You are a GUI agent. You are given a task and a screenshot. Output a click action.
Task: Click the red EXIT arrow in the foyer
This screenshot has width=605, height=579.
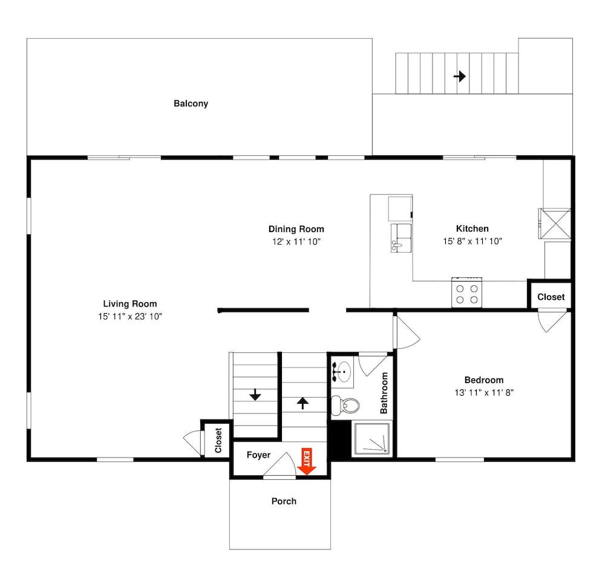[x=307, y=461]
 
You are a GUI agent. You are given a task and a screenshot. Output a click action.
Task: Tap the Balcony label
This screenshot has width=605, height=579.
[x=191, y=103]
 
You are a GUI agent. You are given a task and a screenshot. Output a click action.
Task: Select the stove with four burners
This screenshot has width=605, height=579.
[x=467, y=293]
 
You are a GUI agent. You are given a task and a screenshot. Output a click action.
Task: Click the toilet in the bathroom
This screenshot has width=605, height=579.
[x=345, y=405]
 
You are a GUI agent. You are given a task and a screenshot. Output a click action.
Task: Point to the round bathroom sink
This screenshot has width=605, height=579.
[x=342, y=372]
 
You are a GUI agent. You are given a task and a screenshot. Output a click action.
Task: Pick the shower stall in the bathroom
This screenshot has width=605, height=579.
[x=372, y=439]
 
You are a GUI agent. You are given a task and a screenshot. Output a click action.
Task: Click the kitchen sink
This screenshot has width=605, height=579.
[x=401, y=238]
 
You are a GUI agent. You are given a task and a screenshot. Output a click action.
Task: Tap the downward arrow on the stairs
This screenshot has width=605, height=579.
[x=255, y=395]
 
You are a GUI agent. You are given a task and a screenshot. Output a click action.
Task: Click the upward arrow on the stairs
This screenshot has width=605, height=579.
[x=303, y=403]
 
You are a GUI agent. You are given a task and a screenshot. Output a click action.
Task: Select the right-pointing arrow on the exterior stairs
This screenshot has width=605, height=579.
[x=460, y=76]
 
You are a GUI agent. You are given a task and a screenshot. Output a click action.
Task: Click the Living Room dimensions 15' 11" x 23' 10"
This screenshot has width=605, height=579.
[x=130, y=317]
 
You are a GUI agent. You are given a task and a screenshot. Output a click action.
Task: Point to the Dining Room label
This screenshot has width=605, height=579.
[x=296, y=229]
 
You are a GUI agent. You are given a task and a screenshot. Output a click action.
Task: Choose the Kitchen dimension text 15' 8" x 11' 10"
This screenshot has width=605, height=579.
[x=473, y=241]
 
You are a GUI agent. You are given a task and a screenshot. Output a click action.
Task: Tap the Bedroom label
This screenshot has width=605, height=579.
[x=484, y=380]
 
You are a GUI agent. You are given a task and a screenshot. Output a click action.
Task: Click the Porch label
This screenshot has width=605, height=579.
[x=284, y=501]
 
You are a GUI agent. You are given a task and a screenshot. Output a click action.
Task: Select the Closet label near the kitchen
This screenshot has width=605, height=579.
[x=551, y=297]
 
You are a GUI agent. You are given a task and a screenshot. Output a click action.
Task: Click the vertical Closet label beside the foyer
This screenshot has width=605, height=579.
[x=218, y=441]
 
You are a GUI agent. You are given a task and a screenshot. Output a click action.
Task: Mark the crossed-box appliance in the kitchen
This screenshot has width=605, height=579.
[x=555, y=224]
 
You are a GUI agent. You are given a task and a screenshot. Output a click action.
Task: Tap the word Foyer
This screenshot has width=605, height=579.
[x=258, y=455]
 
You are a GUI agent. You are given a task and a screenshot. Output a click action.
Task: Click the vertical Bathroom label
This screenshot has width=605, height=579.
[x=384, y=393]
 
